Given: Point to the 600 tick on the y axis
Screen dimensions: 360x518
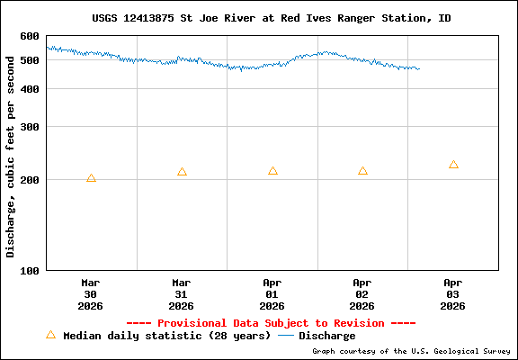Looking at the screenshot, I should (x=30, y=37).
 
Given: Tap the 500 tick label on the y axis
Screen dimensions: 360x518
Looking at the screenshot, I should (x=30, y=60).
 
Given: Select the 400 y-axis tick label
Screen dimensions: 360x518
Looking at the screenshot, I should (x=30, y=89).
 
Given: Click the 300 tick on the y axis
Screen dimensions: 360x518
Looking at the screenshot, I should (x=30, y=127).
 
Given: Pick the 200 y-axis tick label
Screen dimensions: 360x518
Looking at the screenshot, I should (x=30, y=180).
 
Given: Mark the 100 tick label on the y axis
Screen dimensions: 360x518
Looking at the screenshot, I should (x=30, y=270).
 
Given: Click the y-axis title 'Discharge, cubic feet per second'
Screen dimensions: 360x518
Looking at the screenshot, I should (x=11, y=153).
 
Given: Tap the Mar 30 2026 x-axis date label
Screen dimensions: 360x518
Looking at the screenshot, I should (x=91, y=293).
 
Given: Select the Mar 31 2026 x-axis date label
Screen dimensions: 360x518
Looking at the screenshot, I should (x=182, y=293).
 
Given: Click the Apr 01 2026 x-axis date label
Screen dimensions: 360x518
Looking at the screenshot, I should (x=272, y=293).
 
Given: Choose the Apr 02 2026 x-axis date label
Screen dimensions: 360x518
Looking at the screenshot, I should (x=362, y=293).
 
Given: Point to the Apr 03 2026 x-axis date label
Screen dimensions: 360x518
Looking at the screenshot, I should (x=453, y=293).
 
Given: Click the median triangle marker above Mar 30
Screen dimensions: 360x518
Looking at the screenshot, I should (x=91, y=178).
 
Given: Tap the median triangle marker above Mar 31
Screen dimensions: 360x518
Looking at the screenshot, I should (x=182, y=172).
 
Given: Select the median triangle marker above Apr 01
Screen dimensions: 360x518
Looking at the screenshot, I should (x=272, y=171).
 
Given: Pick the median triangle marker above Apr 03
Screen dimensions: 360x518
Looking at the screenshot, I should (x=453, y=165).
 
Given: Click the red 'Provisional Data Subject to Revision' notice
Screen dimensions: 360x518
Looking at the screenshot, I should (x=271, y=323).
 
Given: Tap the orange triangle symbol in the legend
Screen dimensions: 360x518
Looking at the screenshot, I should (x=50, y=335).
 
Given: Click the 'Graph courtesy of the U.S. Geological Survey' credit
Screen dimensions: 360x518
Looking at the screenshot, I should (x=413, y=351).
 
